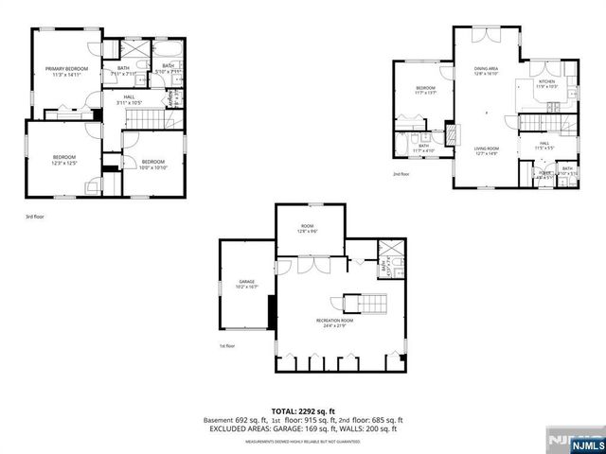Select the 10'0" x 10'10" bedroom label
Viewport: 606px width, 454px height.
pos(152,165)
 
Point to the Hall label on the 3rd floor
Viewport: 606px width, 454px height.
pos(128,98)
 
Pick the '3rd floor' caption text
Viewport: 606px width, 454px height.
pos(34,217)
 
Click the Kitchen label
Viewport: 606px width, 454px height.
pos(546,84)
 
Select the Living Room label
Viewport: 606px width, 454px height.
pos(487,149)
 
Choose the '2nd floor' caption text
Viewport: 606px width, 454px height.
pos(401,174)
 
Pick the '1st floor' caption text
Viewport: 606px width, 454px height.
pos(226,346)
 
